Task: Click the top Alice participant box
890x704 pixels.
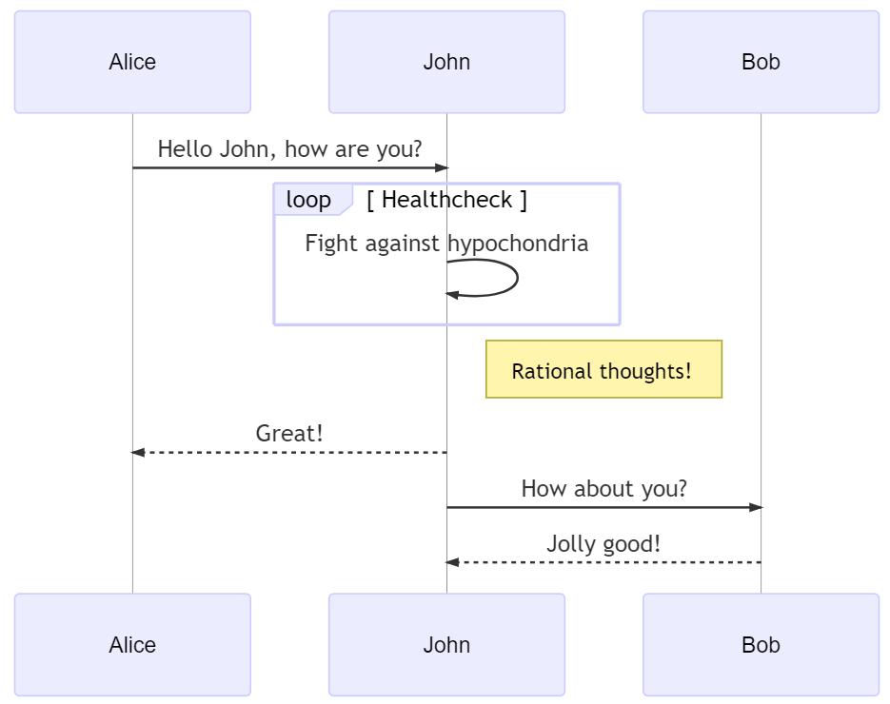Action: [x=132, y=62]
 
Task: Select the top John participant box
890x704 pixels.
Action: [x=446, y=62]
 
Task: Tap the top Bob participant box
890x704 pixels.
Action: [x=761, y=62]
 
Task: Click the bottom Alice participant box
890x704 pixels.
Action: [x=132, y=645]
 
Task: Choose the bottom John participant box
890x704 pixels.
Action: [x=446, y=645]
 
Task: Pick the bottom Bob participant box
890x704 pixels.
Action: [x=761, y=645]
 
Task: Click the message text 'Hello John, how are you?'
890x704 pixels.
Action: [x=289, y=149]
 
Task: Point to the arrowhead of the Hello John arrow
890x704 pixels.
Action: [x=442, y=168]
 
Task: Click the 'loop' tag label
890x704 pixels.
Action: [x=308, y=200]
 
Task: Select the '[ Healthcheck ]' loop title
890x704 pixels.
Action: [x=446, y=200]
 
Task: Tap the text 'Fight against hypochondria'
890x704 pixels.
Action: [x=446, y=244]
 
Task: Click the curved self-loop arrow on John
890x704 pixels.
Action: [x=516, y=278]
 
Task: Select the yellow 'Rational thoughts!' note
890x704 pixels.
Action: [x=603, y=370]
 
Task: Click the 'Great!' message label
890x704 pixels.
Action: [x=289, y=434]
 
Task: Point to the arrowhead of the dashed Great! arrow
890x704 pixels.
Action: [x=137, y=453]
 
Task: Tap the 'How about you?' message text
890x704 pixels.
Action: [x=603, y=489]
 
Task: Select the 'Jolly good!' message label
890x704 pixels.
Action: [x=603, y=544]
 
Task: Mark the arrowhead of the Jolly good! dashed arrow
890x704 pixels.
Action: [x=452, y=563]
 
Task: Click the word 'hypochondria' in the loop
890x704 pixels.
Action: [x=518, y=244]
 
